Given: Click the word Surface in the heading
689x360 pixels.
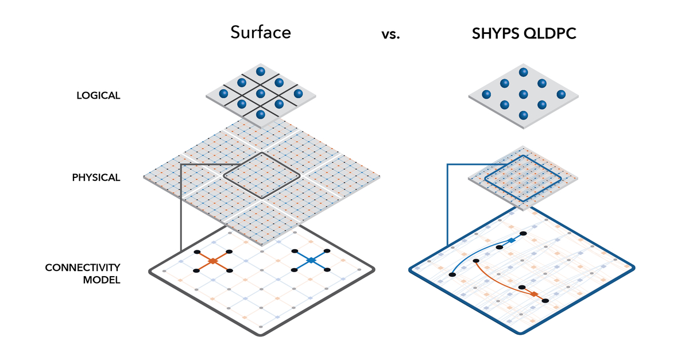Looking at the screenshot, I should coord(261,32).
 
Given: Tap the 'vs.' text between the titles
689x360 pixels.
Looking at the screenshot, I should coord(390,35).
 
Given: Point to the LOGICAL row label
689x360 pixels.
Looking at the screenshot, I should coord(98,96).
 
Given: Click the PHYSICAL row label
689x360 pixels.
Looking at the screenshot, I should coord(96,177).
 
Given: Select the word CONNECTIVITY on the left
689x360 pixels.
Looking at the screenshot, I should coord(83,268).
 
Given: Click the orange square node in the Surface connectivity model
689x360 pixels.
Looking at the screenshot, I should coord(212,261).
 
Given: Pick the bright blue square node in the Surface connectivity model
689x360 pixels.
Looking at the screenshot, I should coord(311,261).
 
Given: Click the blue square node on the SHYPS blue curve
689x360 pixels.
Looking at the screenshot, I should coord(510,240).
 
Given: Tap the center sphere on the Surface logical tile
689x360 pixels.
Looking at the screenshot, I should coord(260,93).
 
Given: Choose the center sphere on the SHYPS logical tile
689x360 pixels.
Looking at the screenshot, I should coord(523,94).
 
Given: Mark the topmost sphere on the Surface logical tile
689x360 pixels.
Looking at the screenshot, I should coord(260,71).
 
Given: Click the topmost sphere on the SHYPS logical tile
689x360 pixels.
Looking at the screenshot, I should coord(523,72).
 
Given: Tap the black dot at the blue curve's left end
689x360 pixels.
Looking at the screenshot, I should coord(452,275).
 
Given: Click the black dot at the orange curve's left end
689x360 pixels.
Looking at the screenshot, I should coord(476,261).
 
